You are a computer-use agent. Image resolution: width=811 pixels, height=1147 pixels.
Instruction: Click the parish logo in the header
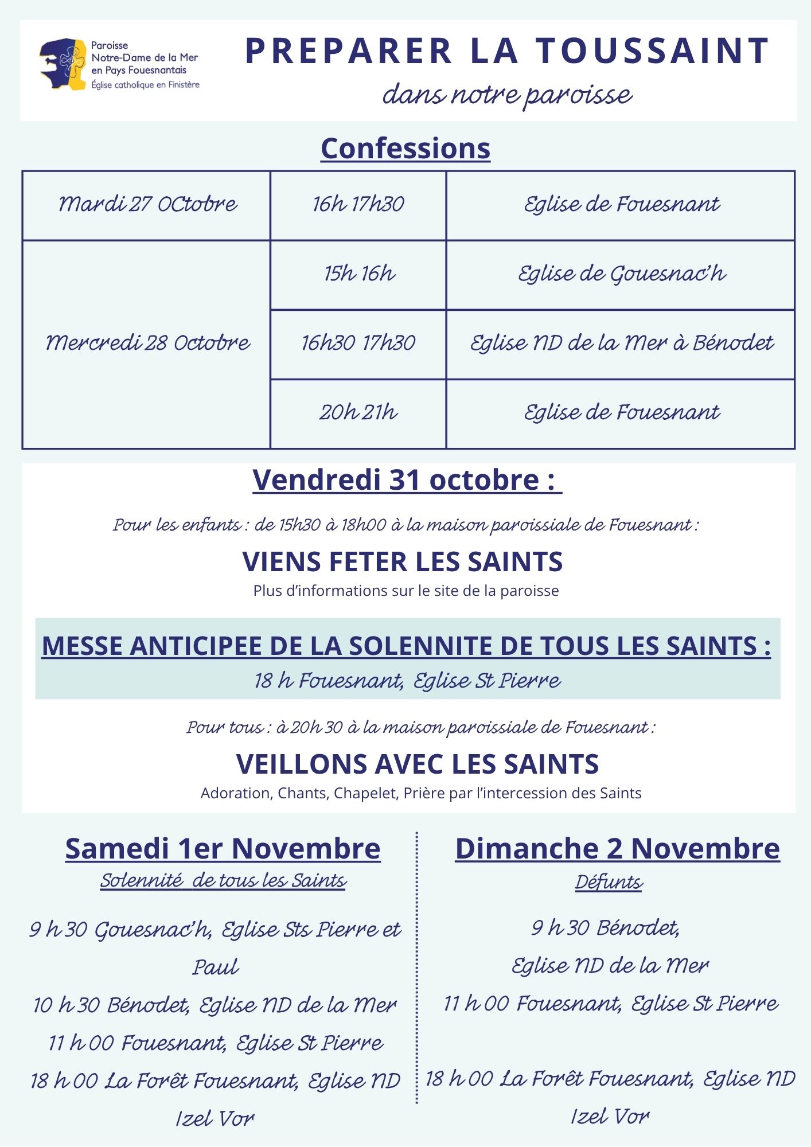point(63,64)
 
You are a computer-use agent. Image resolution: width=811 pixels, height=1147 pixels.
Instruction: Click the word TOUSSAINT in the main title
point(653,51)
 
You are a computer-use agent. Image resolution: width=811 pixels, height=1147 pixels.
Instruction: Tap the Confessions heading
point(405,148)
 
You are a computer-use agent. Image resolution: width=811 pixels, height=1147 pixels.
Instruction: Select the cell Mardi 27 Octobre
point(147,204)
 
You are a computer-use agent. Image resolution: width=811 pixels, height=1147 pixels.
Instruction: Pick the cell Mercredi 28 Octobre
point(147,343)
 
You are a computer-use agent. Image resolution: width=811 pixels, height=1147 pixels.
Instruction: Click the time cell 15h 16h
point(359,274)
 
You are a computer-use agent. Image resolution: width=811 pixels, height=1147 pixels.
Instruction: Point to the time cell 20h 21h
point(359,412)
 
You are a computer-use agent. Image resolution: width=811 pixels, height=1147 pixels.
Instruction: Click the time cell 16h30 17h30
point(359,343)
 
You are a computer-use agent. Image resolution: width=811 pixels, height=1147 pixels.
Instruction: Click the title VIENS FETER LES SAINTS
point(403,561)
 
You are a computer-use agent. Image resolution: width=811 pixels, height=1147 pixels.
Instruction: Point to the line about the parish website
point(406,591)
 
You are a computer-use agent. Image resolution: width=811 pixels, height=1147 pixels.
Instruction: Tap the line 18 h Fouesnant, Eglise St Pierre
point(407,681)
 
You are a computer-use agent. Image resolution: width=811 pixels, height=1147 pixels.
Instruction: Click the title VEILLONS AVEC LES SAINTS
point(418,764)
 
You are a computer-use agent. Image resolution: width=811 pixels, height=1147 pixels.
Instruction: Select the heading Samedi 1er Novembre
point(223,848)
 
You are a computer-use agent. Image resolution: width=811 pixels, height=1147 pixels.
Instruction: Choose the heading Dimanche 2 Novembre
point(617,848)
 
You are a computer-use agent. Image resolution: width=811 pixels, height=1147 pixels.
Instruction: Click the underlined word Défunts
point(609,881)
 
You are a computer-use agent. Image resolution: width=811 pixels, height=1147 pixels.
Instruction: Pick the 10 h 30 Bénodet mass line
point(215,1005)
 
